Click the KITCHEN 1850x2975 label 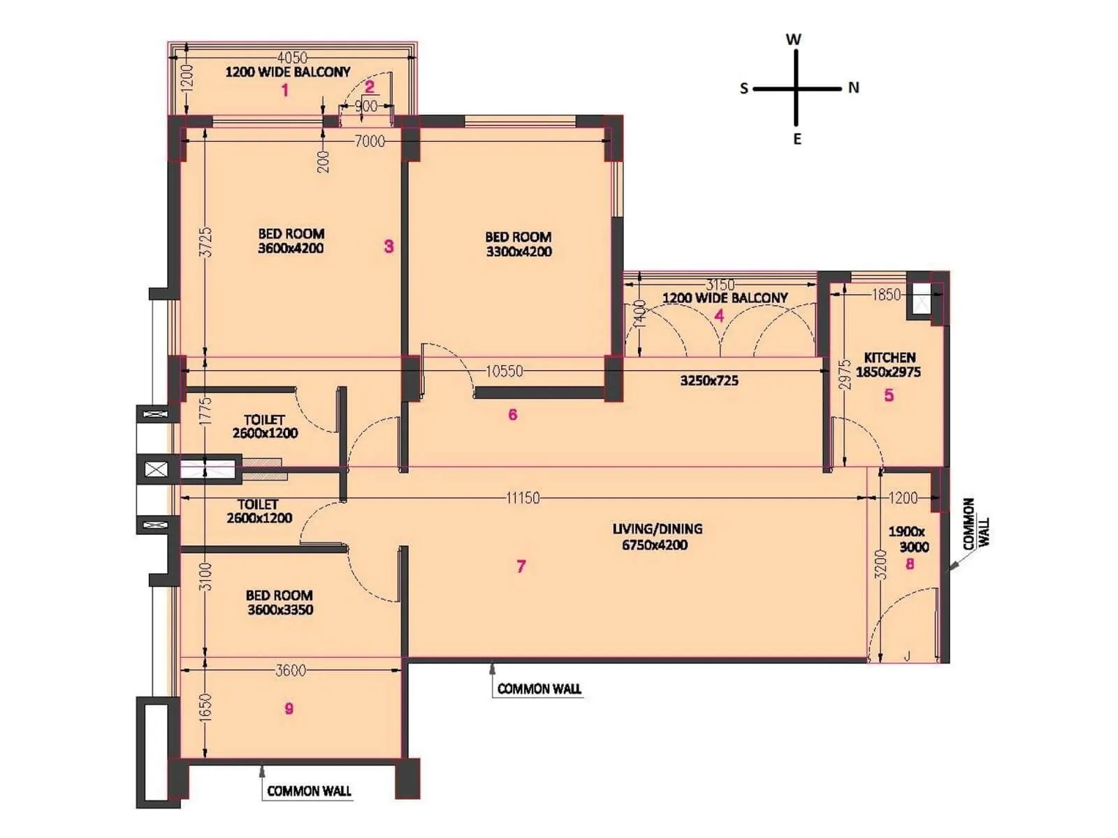pyautogui.click(x=889, y=365)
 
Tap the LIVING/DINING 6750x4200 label pyautogui.click(x=656, y=536)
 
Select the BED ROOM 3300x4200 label pyautogui.click(x=518, y=244)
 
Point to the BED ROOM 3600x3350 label pyautogui.click(x=279, y=602)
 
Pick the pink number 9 pyautogui.click(x=289, y=709)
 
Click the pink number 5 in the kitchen pyautogui.click(x=889, y=395)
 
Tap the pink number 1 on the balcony pyautogui.click(x=284, y=90)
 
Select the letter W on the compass pyautogui.click(x=793, y=40)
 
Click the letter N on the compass pyautogui.click(x=853, y=88)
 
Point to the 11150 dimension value pyautogui.click(x=523, y=498)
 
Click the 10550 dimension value pyautogui.click(x=504, y=371)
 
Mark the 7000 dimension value pyautogui.click(x=370, y=141)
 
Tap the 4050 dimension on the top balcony pyautogui.click(x=292, y=57)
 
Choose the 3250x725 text pyautogui.click(x=709, y=381)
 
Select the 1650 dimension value pyautogui.click(x=205, y=707)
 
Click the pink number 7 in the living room pyautogui.click(x=521, y=566)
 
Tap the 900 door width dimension pyautogui.click(x=365, y=106)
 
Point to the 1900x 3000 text pyautogui.click(x=908, y=538)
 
